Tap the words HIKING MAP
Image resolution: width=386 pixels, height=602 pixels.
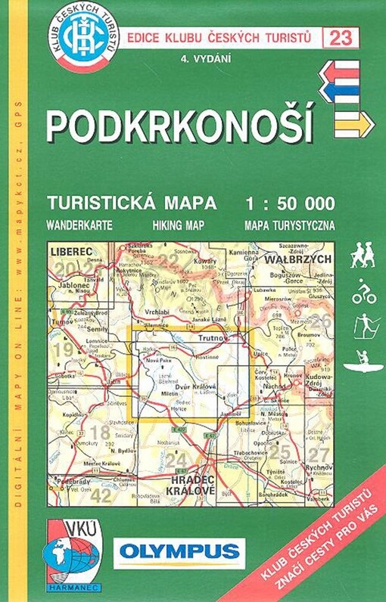[x=179, y=225]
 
